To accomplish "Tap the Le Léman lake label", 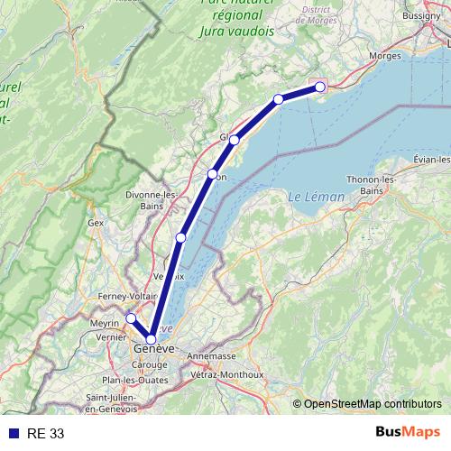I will [310, 197].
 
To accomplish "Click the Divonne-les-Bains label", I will [152, 200].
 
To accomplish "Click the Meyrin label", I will [105, 322].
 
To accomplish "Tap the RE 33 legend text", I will [45, 434].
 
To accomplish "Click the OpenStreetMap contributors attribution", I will [372, 404].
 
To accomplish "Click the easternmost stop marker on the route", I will [320, 87].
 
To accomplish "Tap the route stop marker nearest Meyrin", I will [130, 318].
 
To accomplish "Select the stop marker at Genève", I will [152, 339].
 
